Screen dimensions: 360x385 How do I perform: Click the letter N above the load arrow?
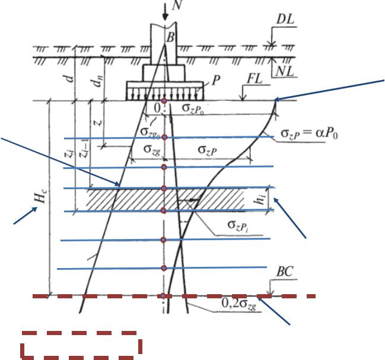click(176, 6)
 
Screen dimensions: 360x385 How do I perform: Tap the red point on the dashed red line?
click(163, 295)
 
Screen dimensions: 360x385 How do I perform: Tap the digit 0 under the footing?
click(157, 109)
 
